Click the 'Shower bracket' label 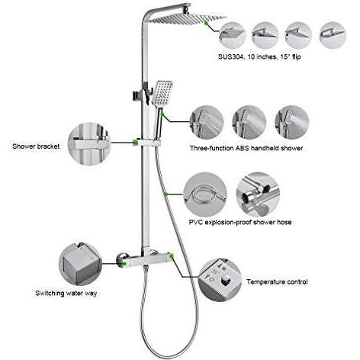tap(36, 146)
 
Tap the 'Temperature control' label tap(277, 282)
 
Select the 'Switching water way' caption tap(66, 294)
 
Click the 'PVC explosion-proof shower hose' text tap(240, 223)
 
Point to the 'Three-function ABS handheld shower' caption tap(246, 148)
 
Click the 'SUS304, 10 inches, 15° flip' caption tap(259, 56)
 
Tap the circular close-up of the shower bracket tap(89, 144)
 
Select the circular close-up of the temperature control tap(220, 281)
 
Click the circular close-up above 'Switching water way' tap(80, 264)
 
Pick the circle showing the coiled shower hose tap(205, 194)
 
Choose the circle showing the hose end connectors tap(258, 194)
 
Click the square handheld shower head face tap(162, 93)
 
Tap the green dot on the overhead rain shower tap(206, 23)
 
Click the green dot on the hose tap(166, 194)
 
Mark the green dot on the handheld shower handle tap(162, 114)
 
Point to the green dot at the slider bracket tap(136, 143)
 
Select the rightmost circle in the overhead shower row tap(333, 35)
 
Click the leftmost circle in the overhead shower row tap(232, 35)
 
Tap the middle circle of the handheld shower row tap(249, 122)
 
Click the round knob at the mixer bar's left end tap(121, 259)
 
